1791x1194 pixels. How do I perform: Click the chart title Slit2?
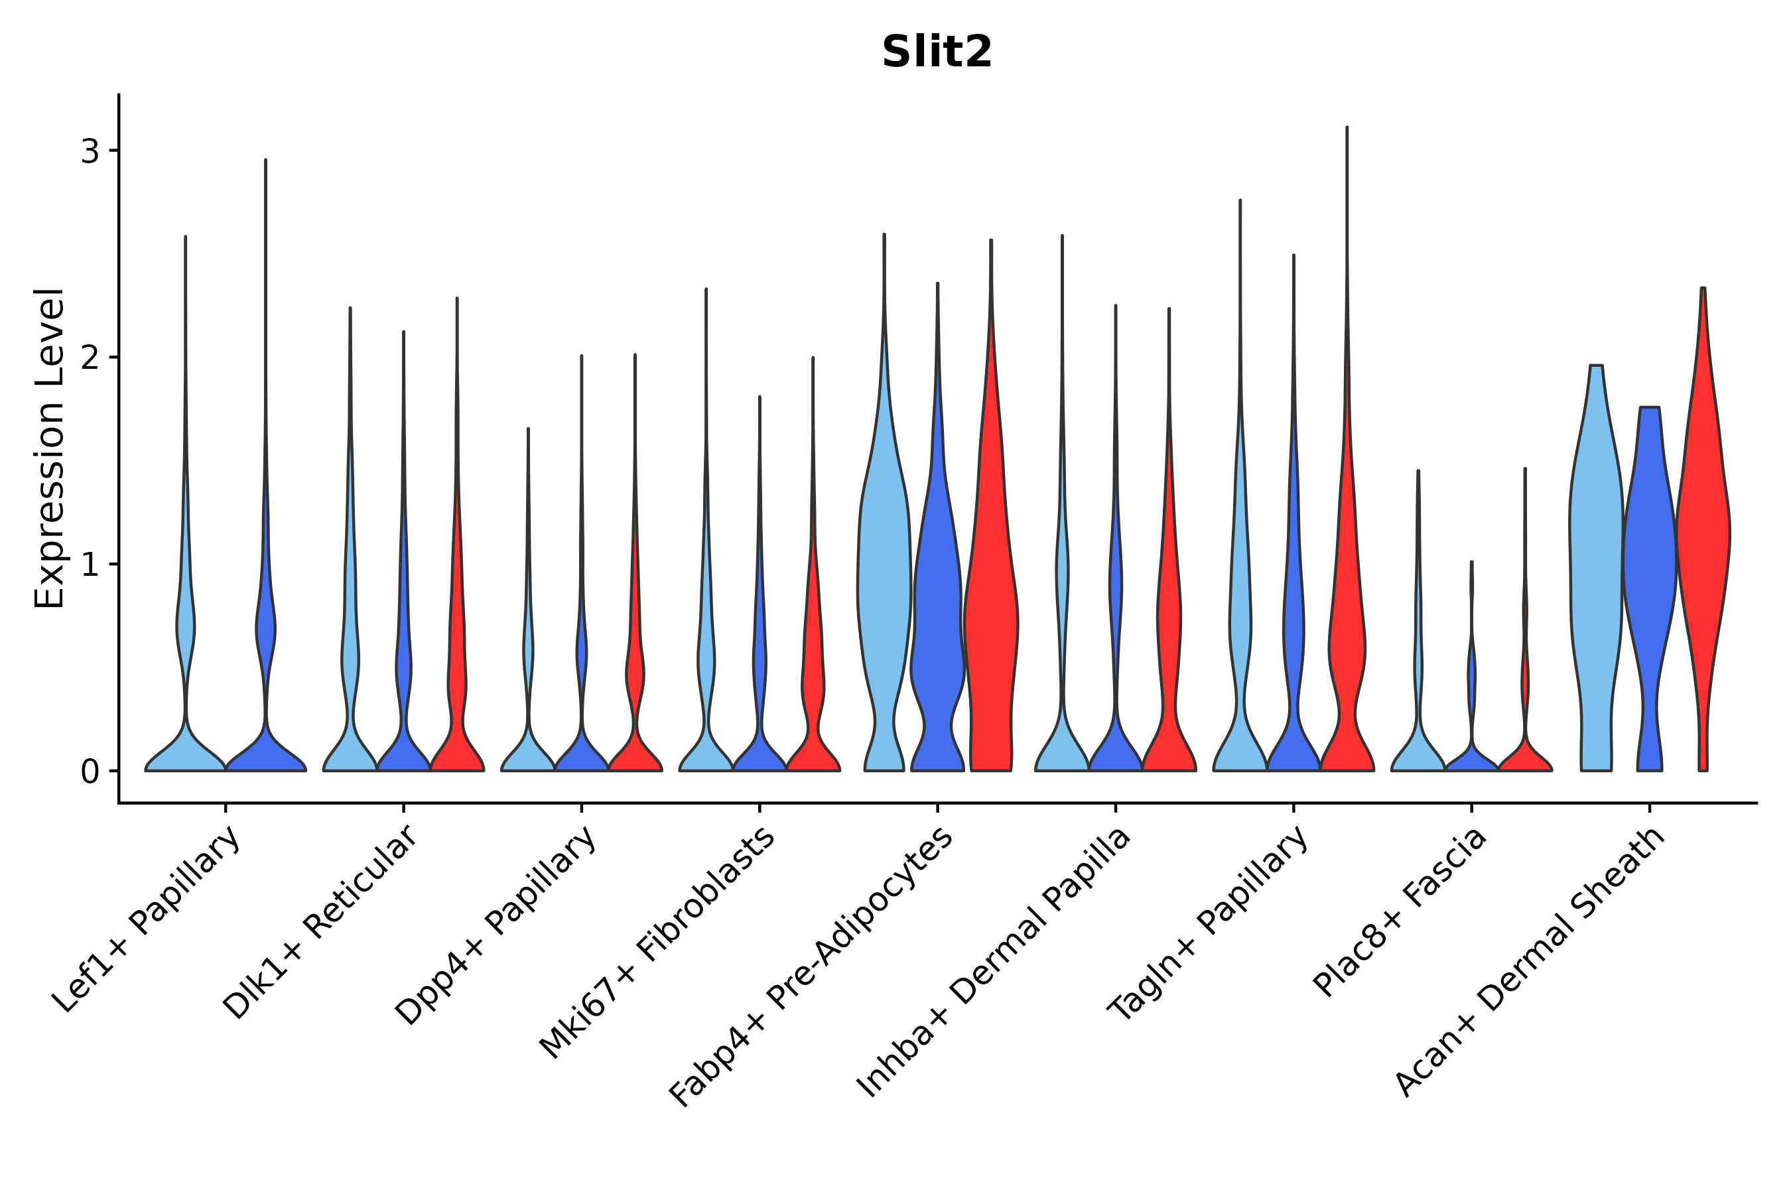(x=937, y=52)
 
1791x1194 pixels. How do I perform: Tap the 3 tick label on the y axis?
(x=90, y=151)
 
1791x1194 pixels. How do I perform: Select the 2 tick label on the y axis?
(x=90, y=358)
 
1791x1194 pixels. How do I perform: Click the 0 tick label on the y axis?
(x=90, y=772)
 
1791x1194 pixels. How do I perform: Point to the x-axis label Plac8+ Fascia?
(x=1400, y=911)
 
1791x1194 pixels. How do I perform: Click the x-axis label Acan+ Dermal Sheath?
(x=1530, y=962)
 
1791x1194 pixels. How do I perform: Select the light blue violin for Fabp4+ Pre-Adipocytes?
(x=884, y=578)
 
